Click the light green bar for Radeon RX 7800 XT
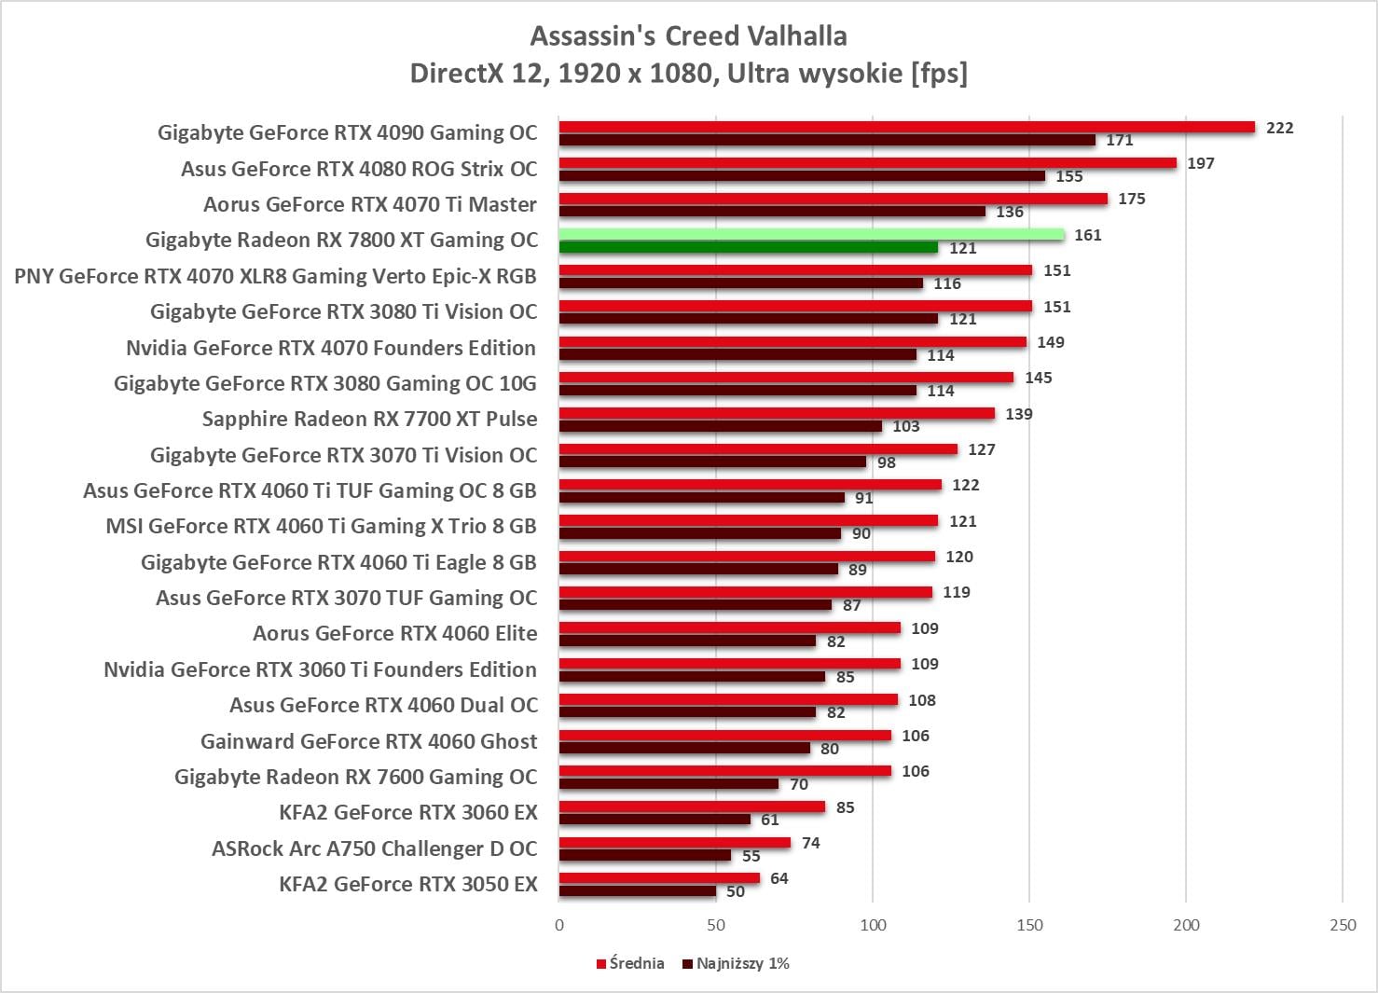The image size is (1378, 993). (811, 234)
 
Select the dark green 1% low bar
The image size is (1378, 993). (748, 247)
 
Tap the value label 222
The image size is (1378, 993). (1279, 128)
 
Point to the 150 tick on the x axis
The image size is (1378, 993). (1029, 925)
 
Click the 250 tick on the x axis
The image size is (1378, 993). (1343, 925)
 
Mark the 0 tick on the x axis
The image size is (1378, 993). (559, 925)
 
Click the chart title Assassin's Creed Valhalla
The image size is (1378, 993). (688, 36)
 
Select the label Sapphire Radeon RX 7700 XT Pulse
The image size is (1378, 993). (369, 419)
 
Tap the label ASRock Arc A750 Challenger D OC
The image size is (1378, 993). (374, 848)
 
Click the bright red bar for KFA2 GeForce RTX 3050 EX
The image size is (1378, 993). (659, 878)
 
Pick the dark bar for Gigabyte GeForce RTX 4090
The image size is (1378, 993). (827, 140)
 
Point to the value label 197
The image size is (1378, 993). (1200, 163)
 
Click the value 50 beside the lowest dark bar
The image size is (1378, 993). (735, 891)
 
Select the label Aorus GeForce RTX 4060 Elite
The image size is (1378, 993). (394, 633)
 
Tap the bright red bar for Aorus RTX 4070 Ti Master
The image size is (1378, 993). (833, 199)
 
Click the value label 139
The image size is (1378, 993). (1018, 414)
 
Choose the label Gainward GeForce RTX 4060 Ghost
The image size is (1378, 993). (368, 741)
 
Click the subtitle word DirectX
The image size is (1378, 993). (457, 73)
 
